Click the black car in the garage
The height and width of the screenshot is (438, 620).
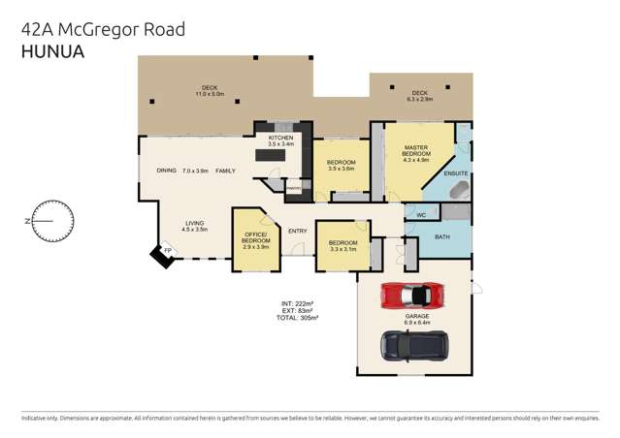(414, 344)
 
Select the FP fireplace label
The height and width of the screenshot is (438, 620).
(167, 252)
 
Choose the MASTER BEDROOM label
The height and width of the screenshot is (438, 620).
(416, 150)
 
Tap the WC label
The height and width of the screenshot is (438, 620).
(421, 214)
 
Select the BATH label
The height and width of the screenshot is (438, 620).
(442, 236)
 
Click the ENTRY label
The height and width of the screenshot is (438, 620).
(297, 230)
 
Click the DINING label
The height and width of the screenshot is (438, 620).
(167, 172)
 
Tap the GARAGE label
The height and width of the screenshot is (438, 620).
(418, 315)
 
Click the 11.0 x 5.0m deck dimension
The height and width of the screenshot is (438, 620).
(212, 94)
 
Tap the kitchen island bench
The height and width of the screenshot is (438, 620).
(274, 154)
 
